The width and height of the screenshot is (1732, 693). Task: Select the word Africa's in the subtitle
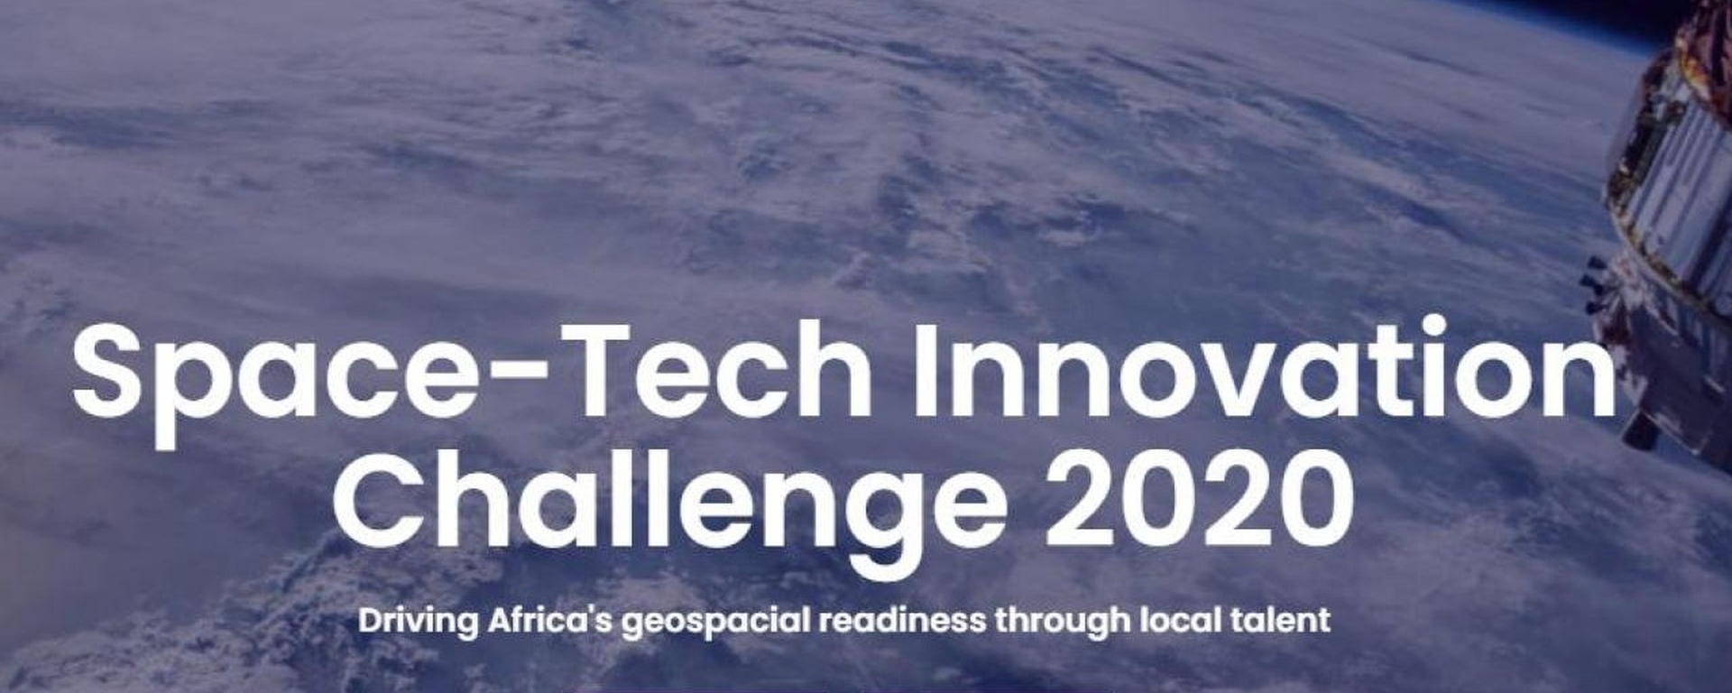[x=551, y=620]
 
